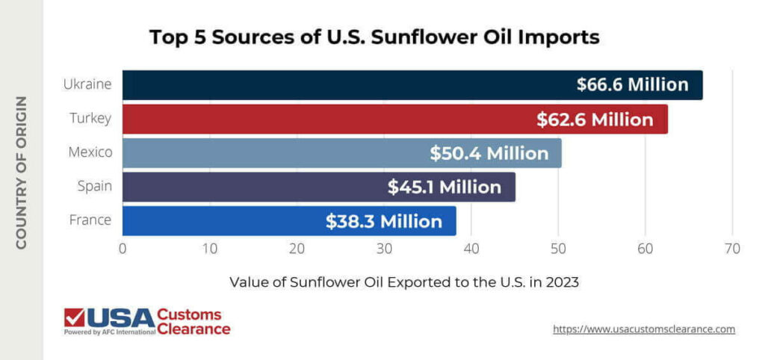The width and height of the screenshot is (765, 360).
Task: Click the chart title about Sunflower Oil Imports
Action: [x=374, y=37]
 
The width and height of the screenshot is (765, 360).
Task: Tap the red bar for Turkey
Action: [x=321, y=120]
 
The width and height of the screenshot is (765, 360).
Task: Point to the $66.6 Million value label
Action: [x=632, y=85]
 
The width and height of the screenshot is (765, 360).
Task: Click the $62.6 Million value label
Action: [x=595, y=120]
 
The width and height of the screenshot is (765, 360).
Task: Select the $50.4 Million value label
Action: [x=489, y=153]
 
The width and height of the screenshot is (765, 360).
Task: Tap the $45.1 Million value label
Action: [x=444, y=187]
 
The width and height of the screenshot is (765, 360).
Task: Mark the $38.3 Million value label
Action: [x=383, y=222]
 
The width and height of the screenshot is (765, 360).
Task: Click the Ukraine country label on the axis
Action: [x=87, y=84]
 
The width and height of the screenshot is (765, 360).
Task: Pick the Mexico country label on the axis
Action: [x=90, y=152]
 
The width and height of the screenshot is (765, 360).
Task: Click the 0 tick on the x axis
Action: [x=123, y=249]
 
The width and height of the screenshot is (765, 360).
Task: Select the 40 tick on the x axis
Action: [x=471, y=249]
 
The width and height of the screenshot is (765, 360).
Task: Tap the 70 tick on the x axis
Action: [x=732, y=249]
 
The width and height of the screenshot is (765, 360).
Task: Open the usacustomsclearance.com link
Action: [x=644, y=329]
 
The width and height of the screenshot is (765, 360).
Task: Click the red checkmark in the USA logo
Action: [x=75, y=317]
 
